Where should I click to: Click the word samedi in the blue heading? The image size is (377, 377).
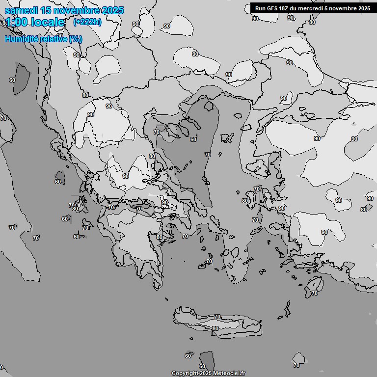coord(20,10)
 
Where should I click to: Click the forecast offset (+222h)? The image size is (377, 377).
coord(87,22)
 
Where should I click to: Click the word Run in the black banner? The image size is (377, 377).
coord(260,8)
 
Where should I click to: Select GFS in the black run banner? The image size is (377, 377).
coord(272,8)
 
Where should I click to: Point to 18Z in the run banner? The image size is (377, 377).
coord(285,8)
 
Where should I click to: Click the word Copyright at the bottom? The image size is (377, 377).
coord(185,374)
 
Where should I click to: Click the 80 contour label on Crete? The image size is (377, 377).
coord(215,328)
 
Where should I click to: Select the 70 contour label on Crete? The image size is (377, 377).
coord(217,317)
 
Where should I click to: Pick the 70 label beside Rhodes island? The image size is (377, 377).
coord(314,293)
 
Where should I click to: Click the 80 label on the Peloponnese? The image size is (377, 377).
coord(159,237)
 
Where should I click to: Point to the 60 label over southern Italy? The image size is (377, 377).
coord(12,80)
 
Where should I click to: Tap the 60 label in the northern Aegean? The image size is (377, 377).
coord(193,139)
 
